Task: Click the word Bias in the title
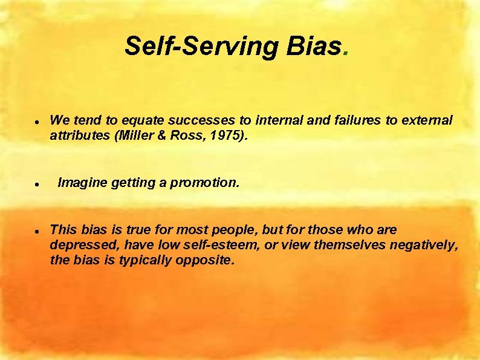point(311,46)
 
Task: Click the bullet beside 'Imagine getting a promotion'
point(37,183)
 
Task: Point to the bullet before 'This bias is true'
point(37,231)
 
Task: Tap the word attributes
point(79,136)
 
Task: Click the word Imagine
point(82,182)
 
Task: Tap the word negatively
point(424,245)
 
